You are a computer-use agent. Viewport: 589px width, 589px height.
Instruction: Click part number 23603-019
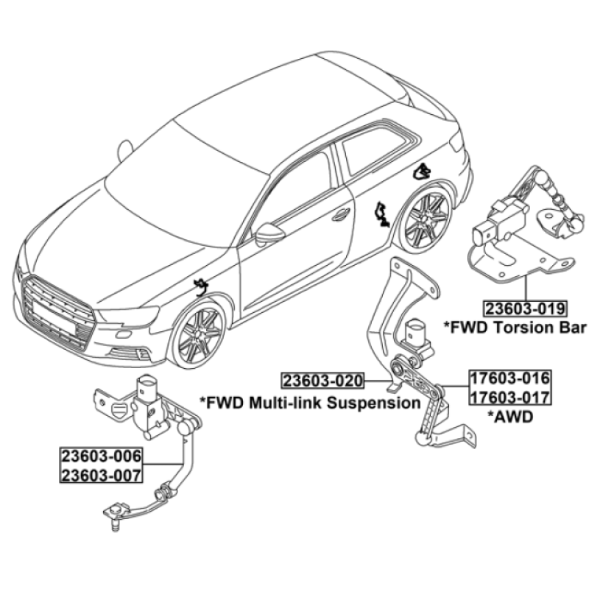pyautogui.click(x=525, y=308)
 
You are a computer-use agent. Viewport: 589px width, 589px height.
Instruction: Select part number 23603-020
pyautogui.click(x=323, y=381)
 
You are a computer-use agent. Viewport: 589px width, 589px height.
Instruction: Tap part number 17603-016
pyautogui.click(x=509, y=378)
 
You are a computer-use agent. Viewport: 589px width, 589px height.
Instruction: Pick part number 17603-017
pyautogui.click(x=509, y=397)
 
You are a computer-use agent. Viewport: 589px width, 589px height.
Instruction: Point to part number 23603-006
pyautogui.click(x=101, y=456)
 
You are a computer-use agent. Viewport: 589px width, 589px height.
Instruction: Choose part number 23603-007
pyautogui.click(x=101, y=475)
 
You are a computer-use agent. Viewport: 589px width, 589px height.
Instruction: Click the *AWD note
pyautogui.click(x=510, y=416)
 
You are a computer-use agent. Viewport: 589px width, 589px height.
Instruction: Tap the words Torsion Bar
pyautogui.click(x=539, y=328)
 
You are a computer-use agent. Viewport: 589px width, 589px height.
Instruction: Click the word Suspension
pyautogui.click(x=373, y=403)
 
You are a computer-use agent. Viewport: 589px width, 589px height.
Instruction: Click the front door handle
pyautogui.click(x=341, y=214)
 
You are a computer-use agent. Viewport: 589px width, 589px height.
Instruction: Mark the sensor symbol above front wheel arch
pyautogui.click(x=201, y=287)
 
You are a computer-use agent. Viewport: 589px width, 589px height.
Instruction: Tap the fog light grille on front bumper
pyautogui.click(x=128, y=353)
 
